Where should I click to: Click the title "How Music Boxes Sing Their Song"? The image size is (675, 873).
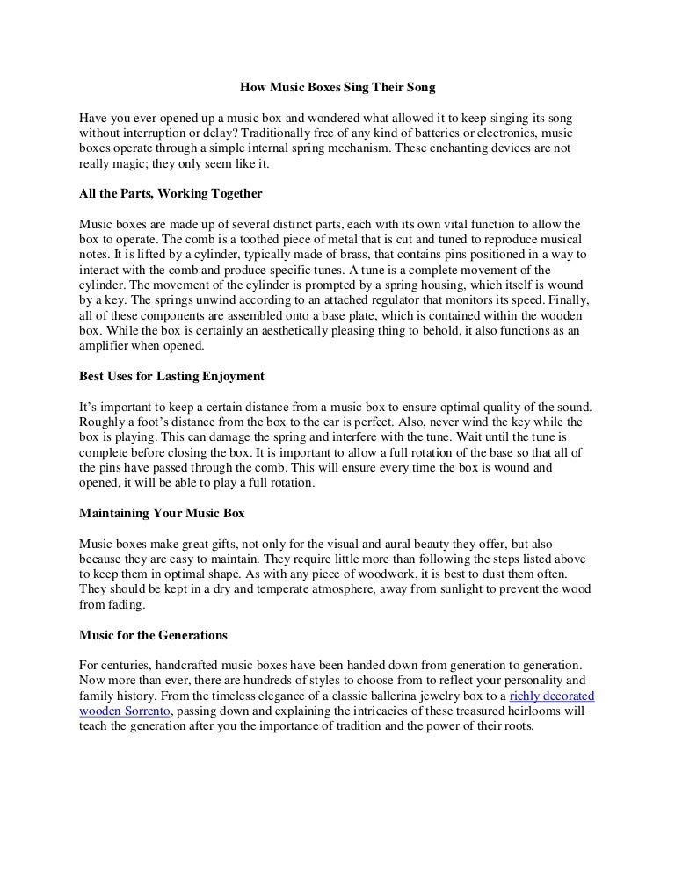[337, 89]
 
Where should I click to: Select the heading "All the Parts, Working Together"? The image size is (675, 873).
[171, 192]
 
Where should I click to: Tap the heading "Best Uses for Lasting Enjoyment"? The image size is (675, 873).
[172, 376]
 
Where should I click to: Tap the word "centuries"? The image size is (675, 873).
[126, 666]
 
